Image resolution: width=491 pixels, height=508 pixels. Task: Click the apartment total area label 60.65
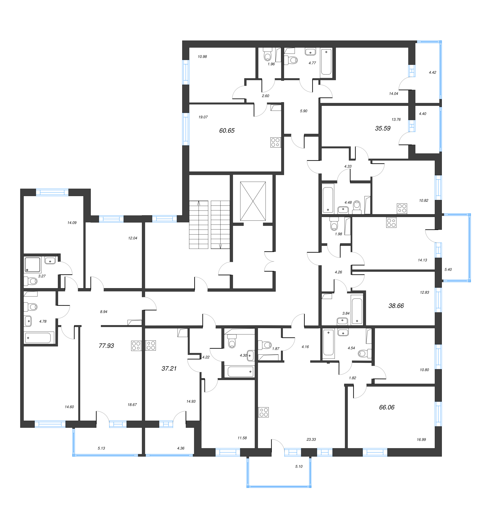click(x=227, y=131)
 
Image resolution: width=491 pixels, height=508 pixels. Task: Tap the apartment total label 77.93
click(x=106, y=346)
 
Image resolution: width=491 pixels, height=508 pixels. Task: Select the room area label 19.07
click(x=203, y=117)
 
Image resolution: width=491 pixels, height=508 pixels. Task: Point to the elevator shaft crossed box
click(x=253, y=201)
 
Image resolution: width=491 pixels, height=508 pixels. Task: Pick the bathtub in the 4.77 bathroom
click(x=326, y=62)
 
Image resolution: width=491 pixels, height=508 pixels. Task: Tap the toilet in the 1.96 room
click(x=267, y=55)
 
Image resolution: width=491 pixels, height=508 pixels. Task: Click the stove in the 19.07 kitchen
click(x=275, y=142)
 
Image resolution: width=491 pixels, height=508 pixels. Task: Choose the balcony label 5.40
click(x=448, y=270)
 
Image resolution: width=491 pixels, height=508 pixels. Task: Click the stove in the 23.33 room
click(x=263, y=412)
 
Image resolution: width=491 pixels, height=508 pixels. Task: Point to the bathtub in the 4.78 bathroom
click(x=39, y=338)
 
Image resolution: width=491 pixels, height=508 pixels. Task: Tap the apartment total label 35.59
click(x=383, y=128)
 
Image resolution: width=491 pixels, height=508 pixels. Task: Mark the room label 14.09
click(x=72, y=223)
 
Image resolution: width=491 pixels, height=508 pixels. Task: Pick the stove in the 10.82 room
click(x=402, y=208)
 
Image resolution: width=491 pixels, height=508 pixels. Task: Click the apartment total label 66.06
click(x=386, y=407)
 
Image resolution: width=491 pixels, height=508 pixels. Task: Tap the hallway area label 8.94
click(x=104, y=312)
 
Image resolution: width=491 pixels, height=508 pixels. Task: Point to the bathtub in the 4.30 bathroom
click(x=240, y=372)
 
